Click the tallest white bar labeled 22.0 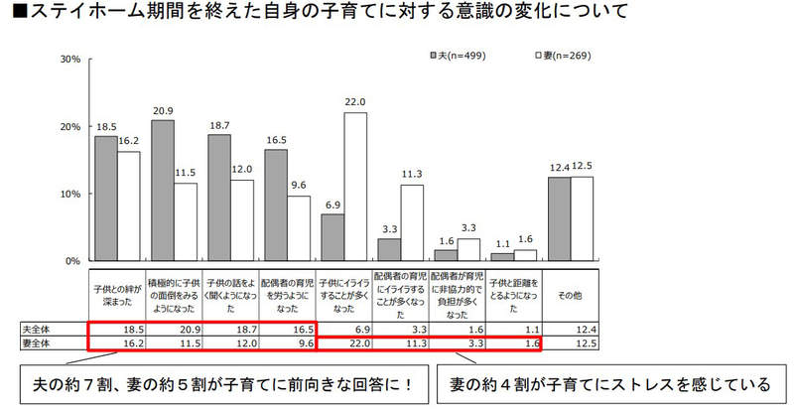click(x=356, y=187)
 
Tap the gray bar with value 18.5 click(x=105, y=199)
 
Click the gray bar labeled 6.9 click(x=332, y=237)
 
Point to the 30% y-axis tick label click(x=69, y=60)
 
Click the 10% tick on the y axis click(x=69, y=194)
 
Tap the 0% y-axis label click(x=72, y=261)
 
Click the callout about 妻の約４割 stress click(x=609, y=383)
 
